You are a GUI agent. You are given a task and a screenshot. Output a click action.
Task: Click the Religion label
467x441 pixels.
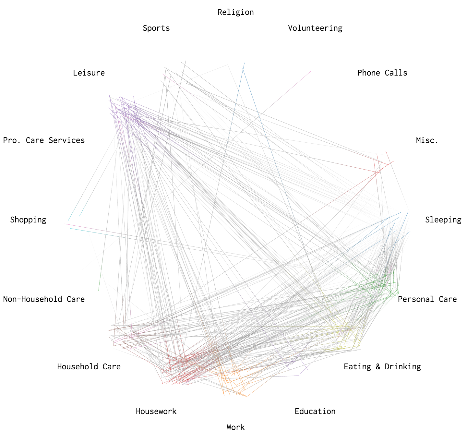(235, 12)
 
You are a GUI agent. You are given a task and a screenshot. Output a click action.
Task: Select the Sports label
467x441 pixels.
(156, 28)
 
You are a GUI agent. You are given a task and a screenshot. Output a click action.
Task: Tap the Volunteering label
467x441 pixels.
(315, 28)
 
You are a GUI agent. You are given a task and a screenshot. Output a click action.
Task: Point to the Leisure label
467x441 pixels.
(89, 73)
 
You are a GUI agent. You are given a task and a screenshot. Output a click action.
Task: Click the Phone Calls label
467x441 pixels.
(382, 73)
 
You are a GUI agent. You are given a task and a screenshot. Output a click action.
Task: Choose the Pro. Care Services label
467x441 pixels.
(44, 140)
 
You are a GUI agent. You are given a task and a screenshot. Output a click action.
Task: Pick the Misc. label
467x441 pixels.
(427, 140)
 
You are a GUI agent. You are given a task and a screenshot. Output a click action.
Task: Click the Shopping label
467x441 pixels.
(28, 220)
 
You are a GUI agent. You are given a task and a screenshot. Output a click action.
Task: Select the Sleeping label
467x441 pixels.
(443, 220)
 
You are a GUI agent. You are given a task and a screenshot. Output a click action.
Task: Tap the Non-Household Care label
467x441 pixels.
(44, 299)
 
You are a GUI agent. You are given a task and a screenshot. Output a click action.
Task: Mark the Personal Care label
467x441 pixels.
(427, 299)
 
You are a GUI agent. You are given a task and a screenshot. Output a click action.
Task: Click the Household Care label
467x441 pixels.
(89, 367)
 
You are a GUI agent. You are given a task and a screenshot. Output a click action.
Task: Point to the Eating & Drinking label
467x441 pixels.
(382, 367)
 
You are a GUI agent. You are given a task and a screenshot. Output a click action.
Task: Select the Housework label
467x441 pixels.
(156, 411)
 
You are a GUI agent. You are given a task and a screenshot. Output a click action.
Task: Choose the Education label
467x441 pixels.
(315, 411)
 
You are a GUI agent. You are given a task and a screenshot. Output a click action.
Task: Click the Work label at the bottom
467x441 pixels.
(235, 427)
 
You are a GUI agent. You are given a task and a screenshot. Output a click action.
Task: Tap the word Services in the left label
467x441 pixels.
(66, 140)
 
